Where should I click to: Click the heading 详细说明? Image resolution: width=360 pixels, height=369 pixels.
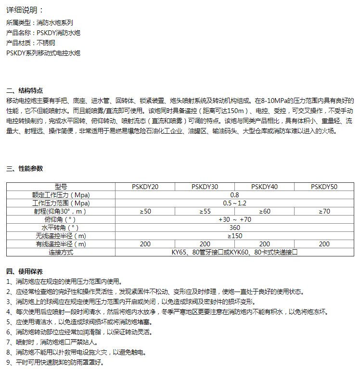click(x=25, y=10)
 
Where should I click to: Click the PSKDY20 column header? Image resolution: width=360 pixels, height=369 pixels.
click(x=145, y=187)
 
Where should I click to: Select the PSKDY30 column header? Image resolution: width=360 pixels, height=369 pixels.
click(x=205, y=187)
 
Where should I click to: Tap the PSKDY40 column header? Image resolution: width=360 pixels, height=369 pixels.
click(x=264, y=187)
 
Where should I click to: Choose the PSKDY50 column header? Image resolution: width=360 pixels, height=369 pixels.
click(x=324, y=187)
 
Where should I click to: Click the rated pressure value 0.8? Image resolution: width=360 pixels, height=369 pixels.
click(x=234, y=195)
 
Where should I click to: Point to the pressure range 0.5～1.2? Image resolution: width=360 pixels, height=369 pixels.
click(x=234, y=203)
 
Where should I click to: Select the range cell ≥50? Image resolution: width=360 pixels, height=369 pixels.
click(x=145, y=211)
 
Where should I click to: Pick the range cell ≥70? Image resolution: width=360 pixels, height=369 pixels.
click(x=324, y=211)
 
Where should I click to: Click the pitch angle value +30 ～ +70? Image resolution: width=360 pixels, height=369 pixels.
click(x=234, y=219)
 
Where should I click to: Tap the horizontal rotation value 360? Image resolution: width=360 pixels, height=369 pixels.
click(x=234, y=228)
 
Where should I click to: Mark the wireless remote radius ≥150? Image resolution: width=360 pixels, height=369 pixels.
click(x=234, y=236)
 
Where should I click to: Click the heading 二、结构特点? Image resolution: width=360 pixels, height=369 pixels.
click(x=25, y=90)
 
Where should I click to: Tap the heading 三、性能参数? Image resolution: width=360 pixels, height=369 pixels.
click(x=25, y=168)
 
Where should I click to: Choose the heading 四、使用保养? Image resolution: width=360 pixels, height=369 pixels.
click(x=25, y=271)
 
